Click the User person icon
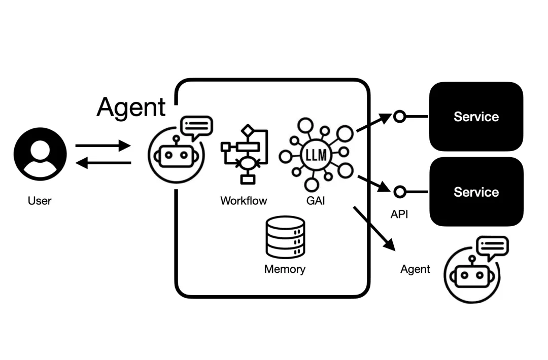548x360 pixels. tap(40, 154)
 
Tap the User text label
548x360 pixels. tap(40, 201)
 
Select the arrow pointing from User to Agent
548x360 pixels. tap(103, 146)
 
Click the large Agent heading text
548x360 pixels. tap(131, 106)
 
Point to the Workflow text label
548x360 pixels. tap(244, 201)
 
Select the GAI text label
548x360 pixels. tap(315, 201)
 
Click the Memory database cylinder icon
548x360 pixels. tap(285, 238)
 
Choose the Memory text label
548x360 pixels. tap(285, 269)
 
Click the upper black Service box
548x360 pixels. tap(476, 117)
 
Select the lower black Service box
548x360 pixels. tap(476, 192)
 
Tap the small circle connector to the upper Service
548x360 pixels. tap(400, 117)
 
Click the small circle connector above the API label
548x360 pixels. tap(400, 192)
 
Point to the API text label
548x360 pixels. tap(399, 214)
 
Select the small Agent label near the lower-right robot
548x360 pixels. tap(415, 269)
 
